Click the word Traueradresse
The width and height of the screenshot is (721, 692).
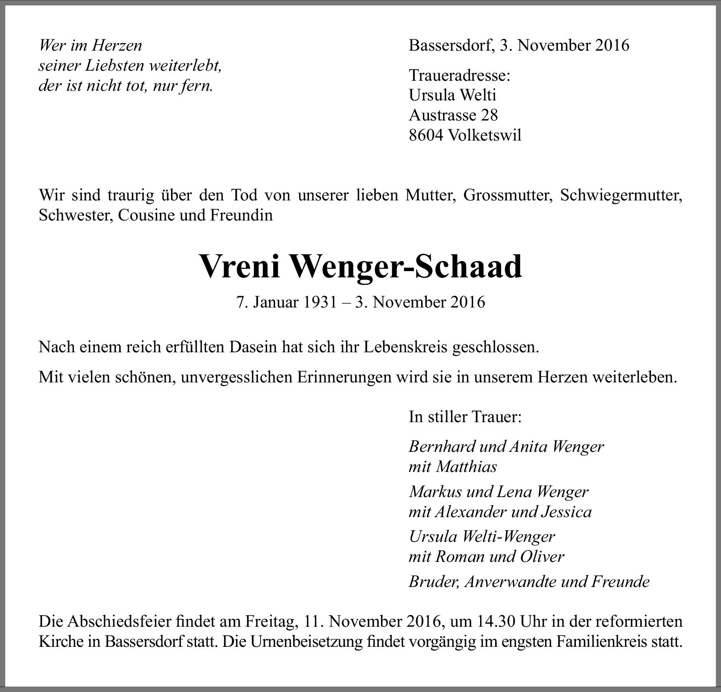coord(459,75)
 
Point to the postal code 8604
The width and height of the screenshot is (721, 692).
coord(426,135)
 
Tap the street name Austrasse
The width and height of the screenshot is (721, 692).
coord(442,115)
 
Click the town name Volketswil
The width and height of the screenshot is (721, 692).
coord(484,135)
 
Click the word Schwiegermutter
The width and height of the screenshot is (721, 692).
coord(621,195)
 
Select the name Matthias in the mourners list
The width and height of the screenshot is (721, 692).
coord(466,466)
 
